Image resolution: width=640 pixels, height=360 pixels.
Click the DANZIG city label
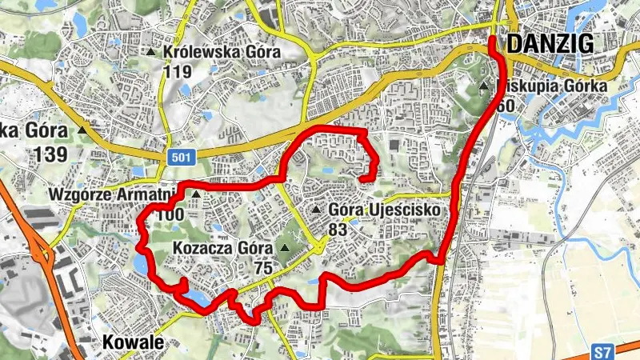[550, 44]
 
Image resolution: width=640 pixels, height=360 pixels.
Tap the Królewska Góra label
[221, 53]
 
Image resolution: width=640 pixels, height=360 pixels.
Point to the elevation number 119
[177, 72]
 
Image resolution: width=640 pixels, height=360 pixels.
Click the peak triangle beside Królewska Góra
[151, 53]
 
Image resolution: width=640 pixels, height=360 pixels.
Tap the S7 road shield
[605, 351]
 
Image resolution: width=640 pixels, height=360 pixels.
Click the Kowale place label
[133, 342]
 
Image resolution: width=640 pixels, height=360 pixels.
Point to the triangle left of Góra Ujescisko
[317, 210]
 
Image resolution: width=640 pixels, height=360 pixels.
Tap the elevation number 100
[170, 214]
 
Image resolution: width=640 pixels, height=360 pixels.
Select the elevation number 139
[50, 154]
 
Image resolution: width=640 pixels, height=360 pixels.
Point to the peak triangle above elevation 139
[83, 128]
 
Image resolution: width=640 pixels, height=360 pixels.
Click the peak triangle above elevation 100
[194, 194]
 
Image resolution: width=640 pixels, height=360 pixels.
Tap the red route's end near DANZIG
[493, 39]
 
